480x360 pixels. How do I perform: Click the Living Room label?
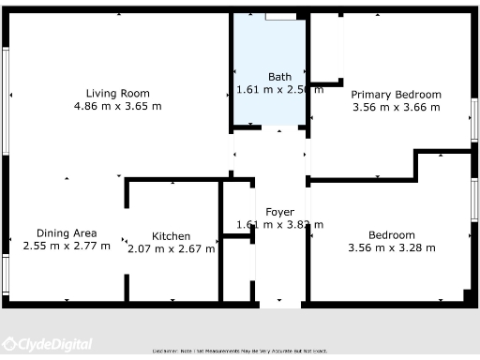[x=118, y=93]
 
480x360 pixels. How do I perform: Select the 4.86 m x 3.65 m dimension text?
[x=118, y=106]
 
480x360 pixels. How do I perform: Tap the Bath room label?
[x=279, y=77]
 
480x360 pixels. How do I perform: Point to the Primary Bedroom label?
[x=396, y=95]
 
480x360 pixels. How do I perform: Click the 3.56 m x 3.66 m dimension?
[x=396, y=108]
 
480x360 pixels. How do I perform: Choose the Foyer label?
[x=279, y=212]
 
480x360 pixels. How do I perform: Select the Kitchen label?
[x=172, y=236]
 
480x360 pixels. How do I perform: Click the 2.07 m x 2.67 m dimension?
[x=172, y=248]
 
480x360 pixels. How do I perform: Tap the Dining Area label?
[x=67, y=233]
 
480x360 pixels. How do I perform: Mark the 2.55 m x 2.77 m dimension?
[x=67, y=246]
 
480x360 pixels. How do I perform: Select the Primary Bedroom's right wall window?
[x=474, y=121]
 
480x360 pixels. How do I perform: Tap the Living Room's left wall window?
[x=6, y=94]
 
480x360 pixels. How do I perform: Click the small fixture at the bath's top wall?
[x=278, y=16]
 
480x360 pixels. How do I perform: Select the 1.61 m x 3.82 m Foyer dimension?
[x=279, y=224]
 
